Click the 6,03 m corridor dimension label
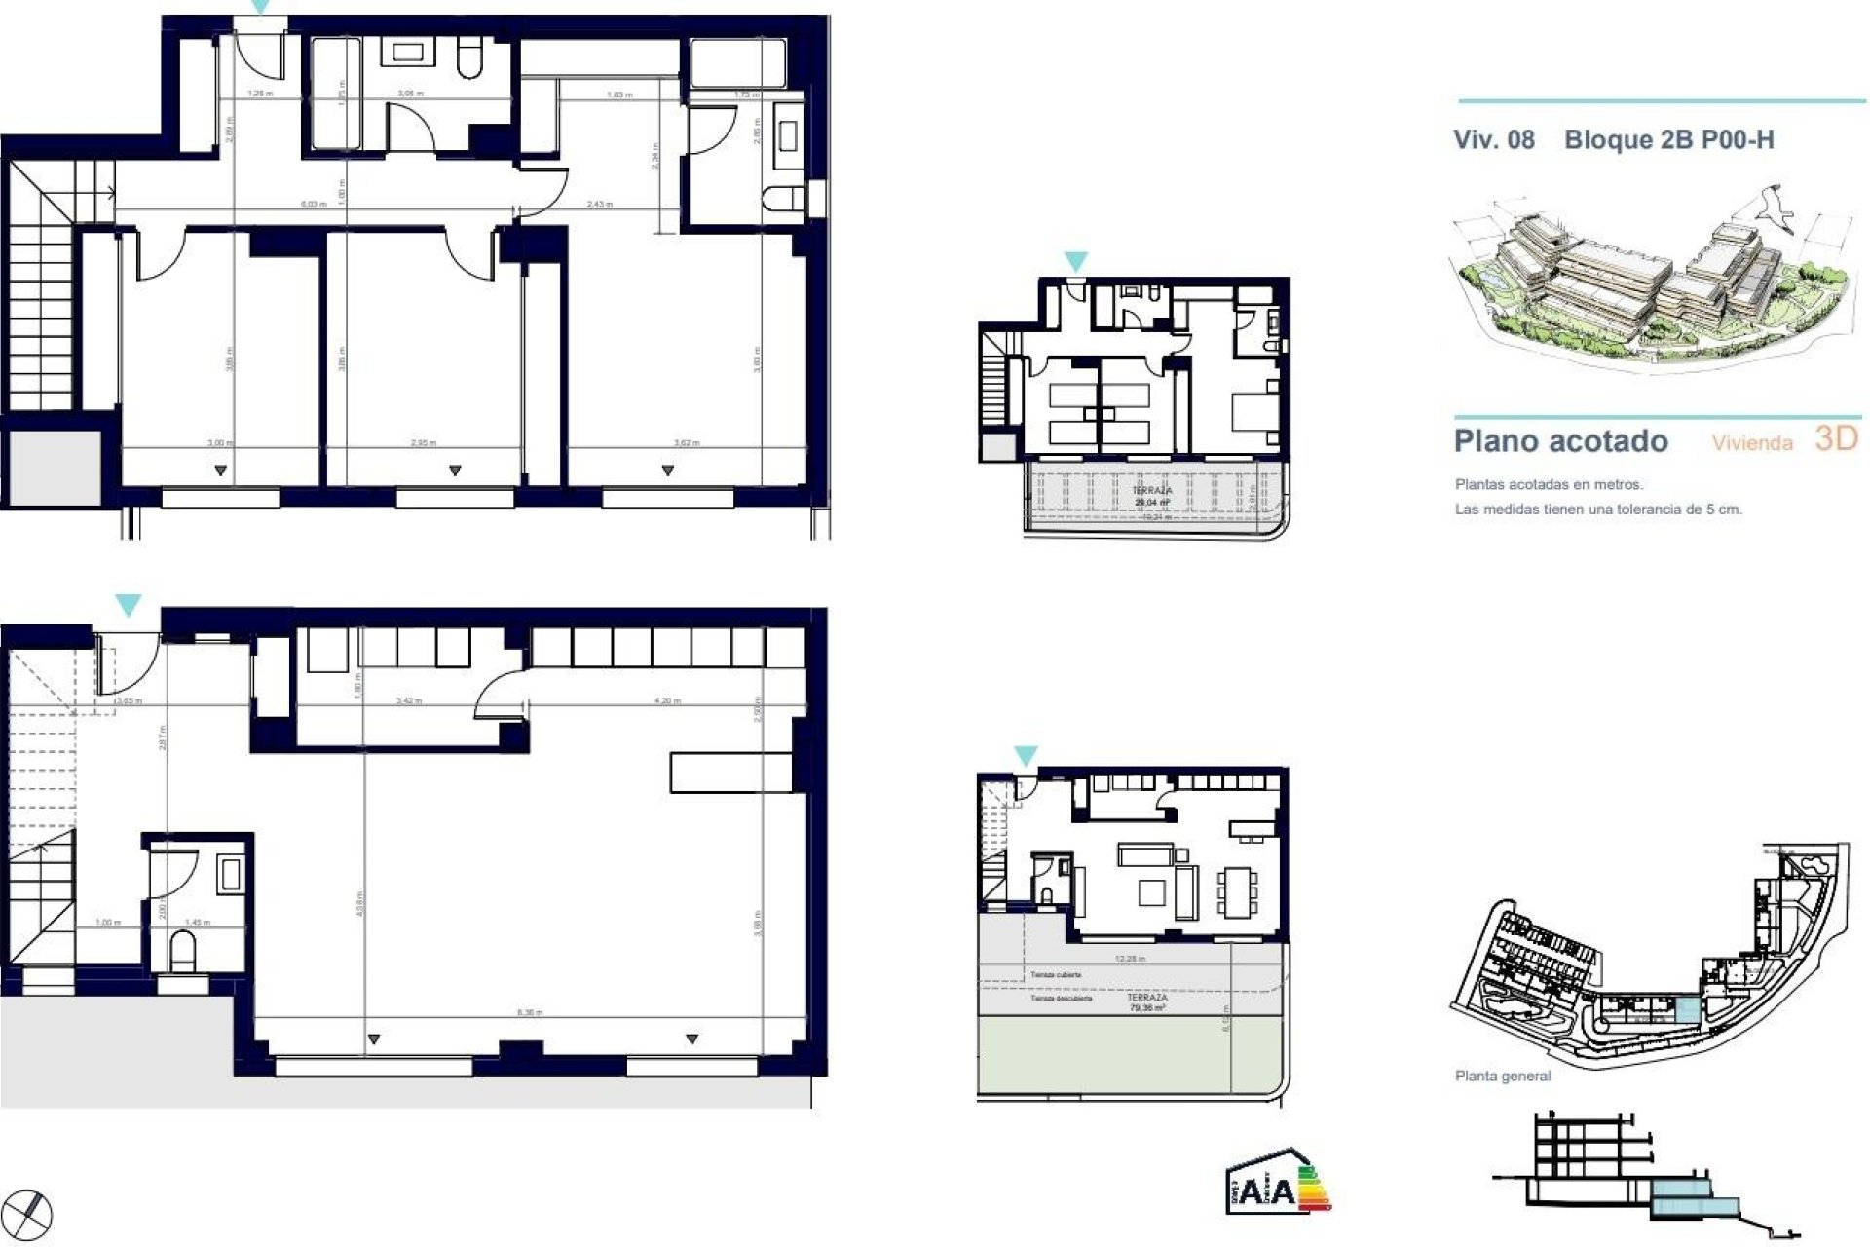(313, 204)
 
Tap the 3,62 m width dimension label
(687, 443)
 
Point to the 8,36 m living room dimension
(530, 1013)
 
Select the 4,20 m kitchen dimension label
(667, 700)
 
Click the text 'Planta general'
(1502, 1076)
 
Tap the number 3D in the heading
(1836, 438)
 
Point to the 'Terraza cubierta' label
(1056, 974)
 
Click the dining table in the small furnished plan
(1236, 892)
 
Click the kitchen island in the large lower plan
(730, 772)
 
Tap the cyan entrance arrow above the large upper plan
(260, 7)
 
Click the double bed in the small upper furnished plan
(1253, 410)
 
